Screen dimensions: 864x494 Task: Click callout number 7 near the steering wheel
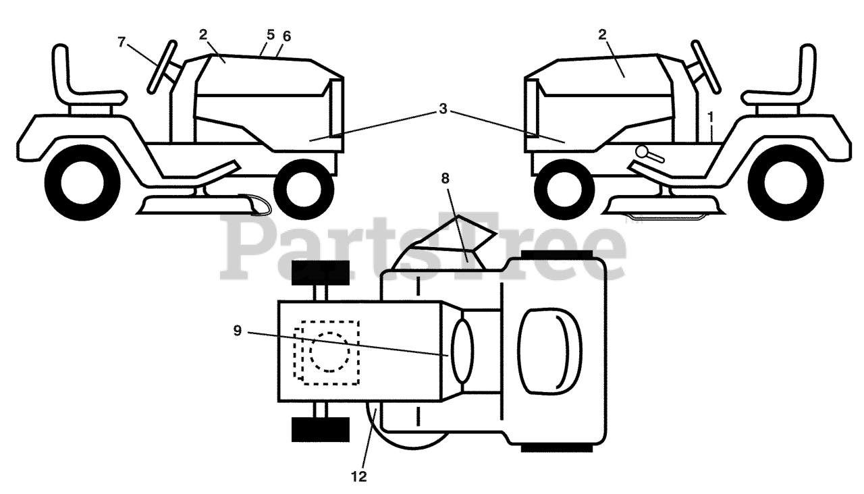pos(122,42)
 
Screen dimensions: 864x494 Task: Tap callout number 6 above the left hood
pos(286,35)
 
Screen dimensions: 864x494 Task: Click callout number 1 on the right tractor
pos(710,116)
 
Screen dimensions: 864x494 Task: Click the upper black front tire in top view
pos(320,271)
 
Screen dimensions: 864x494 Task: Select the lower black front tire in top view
pos(320,429)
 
